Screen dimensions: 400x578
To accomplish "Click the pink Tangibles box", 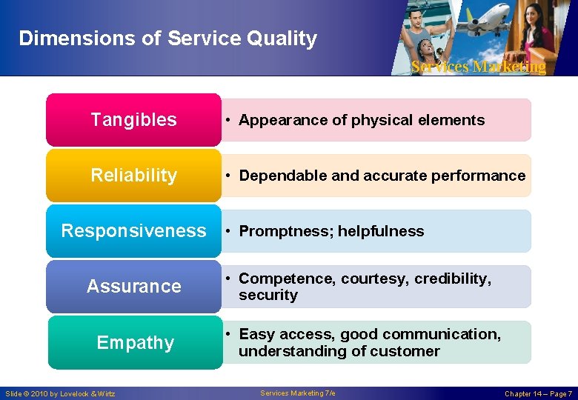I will pyautogui.click(x=133, y=120).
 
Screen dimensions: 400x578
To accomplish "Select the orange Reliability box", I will pyautogui.click(x=133, y=176).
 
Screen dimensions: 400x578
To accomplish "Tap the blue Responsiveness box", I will pyautogui.click(x=133, y=231).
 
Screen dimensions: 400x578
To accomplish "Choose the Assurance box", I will pyautogui.click(x=133, y=286).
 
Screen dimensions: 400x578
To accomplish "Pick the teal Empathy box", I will pyautogui.click(x=135, y=342).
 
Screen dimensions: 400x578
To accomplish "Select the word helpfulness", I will pyautogui.click(x=381, y=231).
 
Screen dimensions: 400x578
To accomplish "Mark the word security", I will pyautogui.click(x=268, y=295).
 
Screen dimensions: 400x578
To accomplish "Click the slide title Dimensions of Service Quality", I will pyautogui.click(x=167, y=39).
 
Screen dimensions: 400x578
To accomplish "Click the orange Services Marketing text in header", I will pyautogui.click(x=478, y=67).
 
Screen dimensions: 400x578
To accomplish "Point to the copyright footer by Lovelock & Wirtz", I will pyautogui.click(x=60, y=393).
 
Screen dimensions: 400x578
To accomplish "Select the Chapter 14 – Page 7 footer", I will pyautogui.click(x=538, y=393).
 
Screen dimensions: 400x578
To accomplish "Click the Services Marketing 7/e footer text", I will pyautogui.click(x=298, y=393).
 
